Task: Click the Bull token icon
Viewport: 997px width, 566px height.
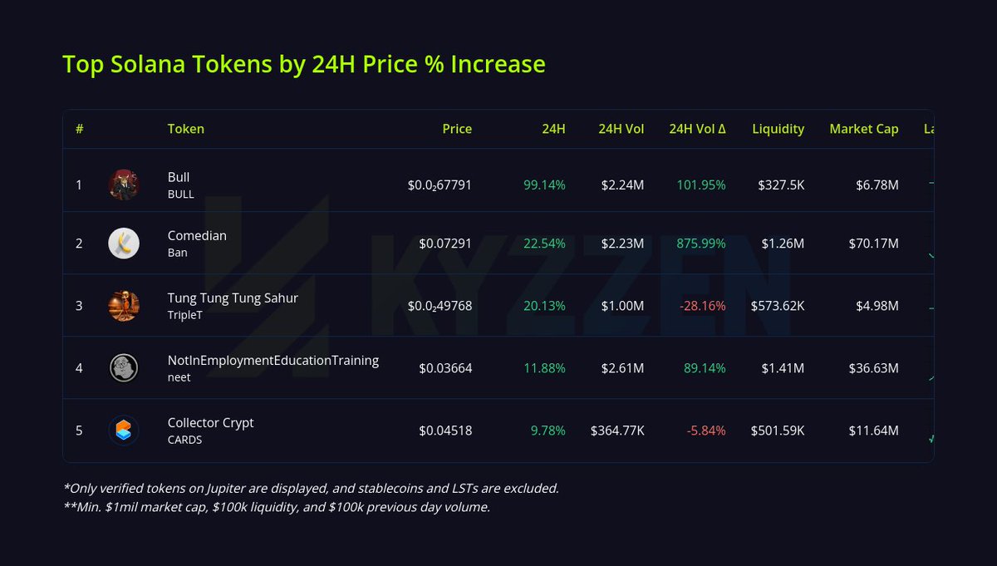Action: [124, 185]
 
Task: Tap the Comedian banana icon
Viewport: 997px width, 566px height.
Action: [124, 244]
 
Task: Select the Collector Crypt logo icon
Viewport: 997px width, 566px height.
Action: [124, 431]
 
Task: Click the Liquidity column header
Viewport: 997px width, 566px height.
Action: [778, 129]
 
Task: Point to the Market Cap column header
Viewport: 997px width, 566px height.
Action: [863, 129]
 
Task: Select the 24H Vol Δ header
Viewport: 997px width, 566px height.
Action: [697, 129]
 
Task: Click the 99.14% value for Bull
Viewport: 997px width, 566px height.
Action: [544, 185]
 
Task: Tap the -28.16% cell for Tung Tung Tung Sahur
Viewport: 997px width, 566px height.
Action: [702, 306]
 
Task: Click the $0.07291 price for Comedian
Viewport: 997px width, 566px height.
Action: [445, 244]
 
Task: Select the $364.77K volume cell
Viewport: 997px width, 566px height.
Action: [617, 431]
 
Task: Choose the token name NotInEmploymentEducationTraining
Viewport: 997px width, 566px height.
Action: [273, 360]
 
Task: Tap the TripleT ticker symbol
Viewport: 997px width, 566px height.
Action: [185, 315]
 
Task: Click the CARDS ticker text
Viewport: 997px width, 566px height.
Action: [184, 440]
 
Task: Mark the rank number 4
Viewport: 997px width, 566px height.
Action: [79, 368]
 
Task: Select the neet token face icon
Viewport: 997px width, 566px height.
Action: [124, 368]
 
